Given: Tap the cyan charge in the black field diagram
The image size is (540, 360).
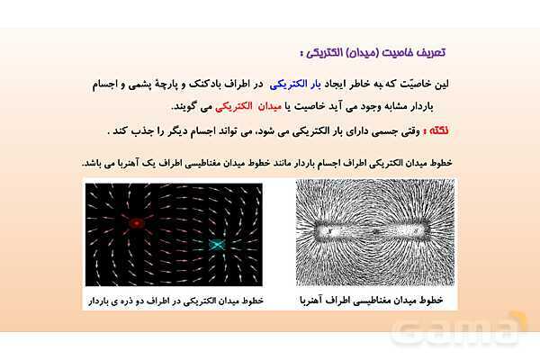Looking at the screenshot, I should [x=217, y=244].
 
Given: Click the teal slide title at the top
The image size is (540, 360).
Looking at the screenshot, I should [x=403, y=54].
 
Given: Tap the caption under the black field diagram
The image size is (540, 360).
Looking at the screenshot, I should [x=174, y=299].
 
